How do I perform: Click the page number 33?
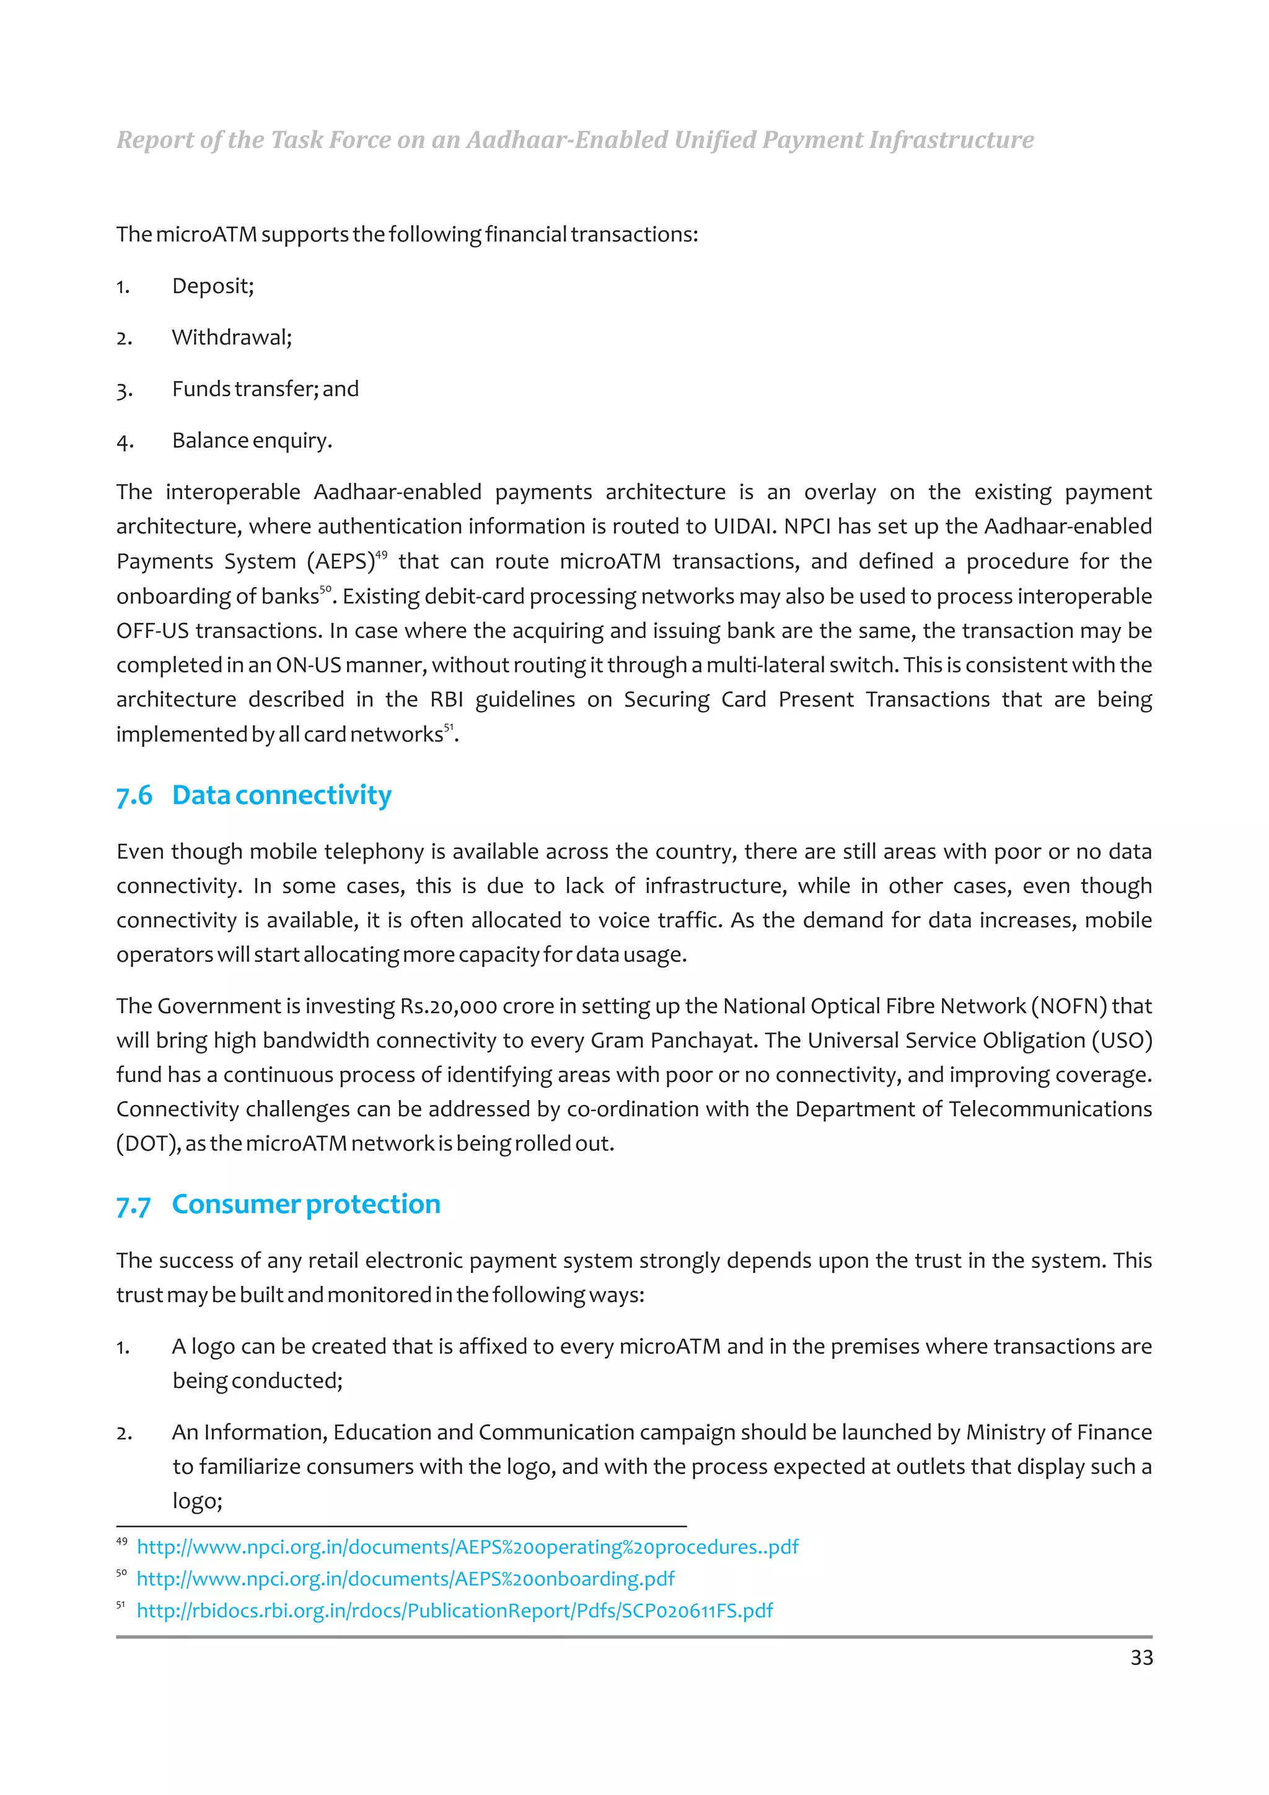[x=1141, y=1657]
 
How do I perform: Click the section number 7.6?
[x=134, y=796]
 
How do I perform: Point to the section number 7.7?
[x=134, y=1205]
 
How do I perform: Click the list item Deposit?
[x=213, y=286]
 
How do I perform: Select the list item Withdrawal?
[x=232, y=338]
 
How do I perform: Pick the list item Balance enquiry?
[x=252, y=441]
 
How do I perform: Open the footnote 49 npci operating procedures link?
[x=468, y=1547]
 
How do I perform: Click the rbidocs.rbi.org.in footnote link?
[x=454, y=1610]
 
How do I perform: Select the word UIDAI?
[x=742, y=527]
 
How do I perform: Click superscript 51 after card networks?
[x=449, y=728]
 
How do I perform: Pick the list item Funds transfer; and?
[x=265, y=390]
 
